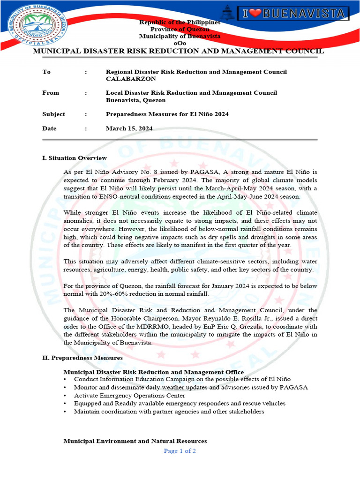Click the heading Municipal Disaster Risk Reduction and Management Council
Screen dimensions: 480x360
tap(178, 51)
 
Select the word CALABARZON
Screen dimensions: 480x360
tap(131, 79)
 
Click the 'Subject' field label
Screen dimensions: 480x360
tap(53, 114)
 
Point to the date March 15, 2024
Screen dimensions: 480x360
tap(129, 128)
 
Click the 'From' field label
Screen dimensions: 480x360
tap(51, 93)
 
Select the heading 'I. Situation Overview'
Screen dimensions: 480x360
tap(75, 158)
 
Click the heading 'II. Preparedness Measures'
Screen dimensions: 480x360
tap(82, 358)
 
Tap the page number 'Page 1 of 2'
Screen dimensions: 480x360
tap(180, 451)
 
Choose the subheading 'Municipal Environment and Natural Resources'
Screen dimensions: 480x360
tap(135, 441)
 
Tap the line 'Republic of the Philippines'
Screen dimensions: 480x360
tap(180, 22)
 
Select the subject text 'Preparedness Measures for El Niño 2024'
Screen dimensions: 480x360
tap(167, 114)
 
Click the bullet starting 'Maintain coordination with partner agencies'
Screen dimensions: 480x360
tap(169, 412)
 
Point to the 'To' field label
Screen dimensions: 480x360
tap(46, 72)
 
